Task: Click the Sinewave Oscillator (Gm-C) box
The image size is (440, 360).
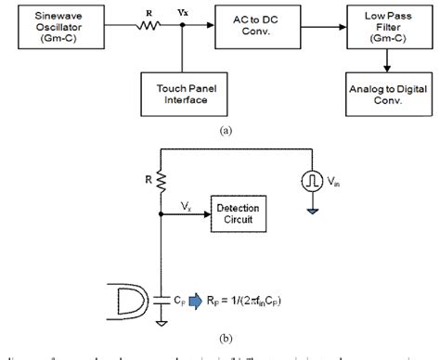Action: tap(60, 25)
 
